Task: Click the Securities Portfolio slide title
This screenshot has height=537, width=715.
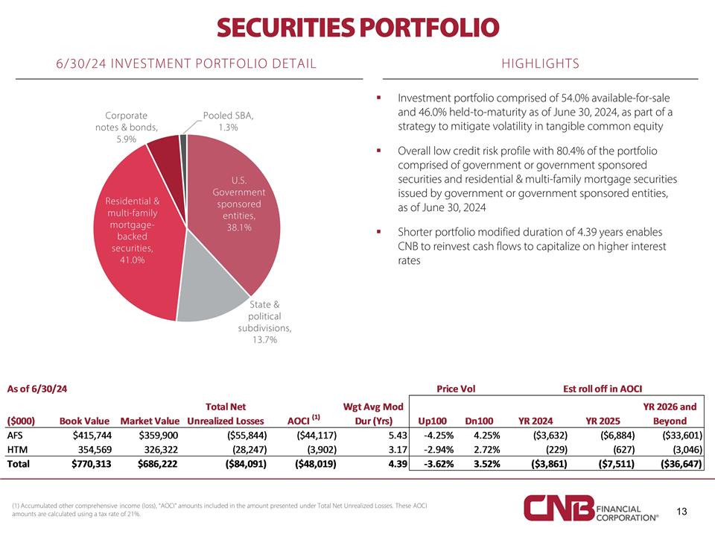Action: [357, 28]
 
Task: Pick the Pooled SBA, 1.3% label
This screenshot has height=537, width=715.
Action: [229, 121]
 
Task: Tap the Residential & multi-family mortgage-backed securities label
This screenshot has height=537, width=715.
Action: [133, 230]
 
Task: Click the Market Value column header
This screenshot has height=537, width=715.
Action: [150, 421]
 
